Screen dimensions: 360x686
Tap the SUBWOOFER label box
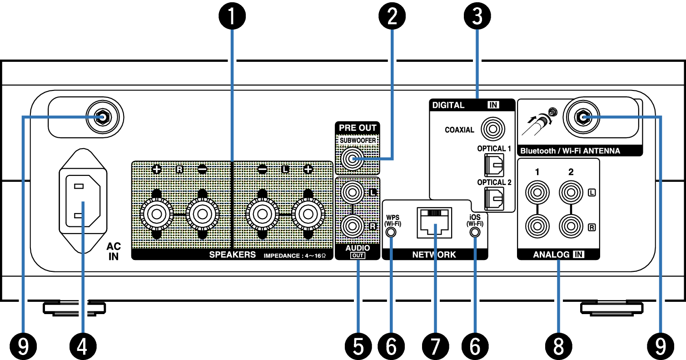tap(358, 140)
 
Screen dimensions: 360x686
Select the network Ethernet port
tap(434, 222)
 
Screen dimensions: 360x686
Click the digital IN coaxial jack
tap(493, 130)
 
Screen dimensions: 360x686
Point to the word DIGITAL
tap(448, 105)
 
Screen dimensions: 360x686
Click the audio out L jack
tap(352, 192)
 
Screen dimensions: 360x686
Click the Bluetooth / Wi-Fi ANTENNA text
tap(570, 151)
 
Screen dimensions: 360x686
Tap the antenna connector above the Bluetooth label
tap(582, 117)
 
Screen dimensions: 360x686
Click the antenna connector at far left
tap(102, 117)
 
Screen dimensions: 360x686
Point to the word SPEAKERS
tap(233, 255)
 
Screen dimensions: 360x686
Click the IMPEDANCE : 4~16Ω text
tap(295, 256)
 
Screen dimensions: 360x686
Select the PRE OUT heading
tap(358, 128)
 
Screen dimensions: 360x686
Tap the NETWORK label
tap(434, 255)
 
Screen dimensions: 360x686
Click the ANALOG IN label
tap(558, 255)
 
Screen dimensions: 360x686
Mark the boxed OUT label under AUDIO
tap(358, 256)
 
